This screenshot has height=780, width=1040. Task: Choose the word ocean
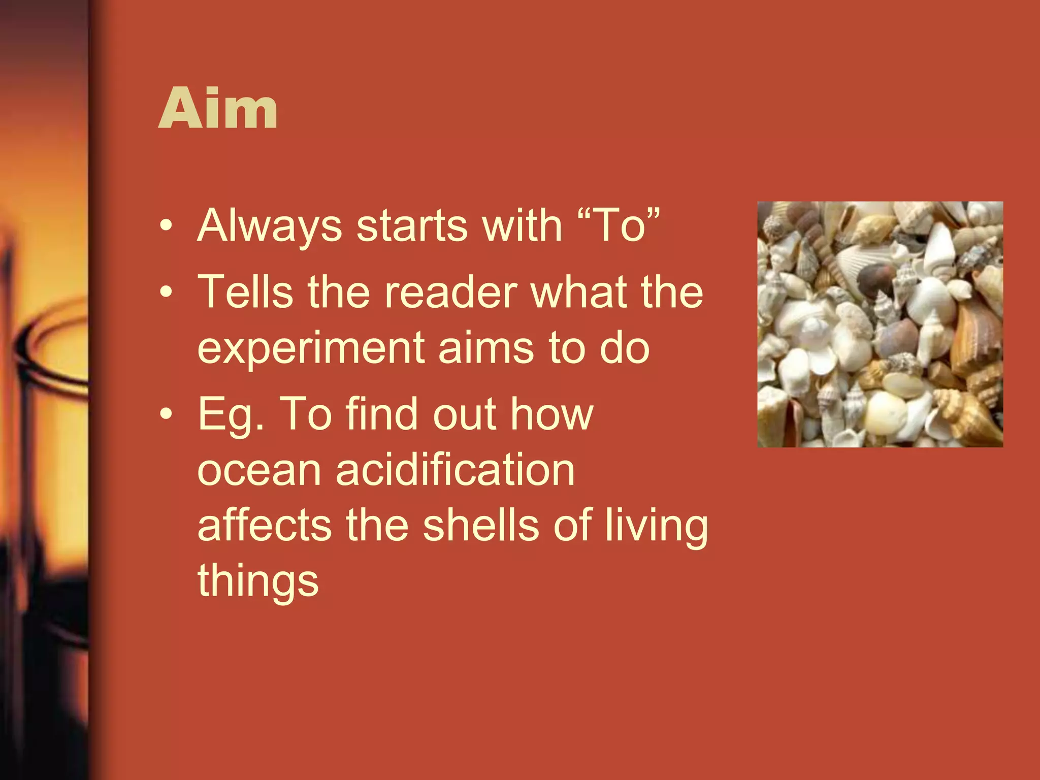pyautogui.click(x=259, y=470)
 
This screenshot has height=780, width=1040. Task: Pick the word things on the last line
pyautogui.click(x=258, y=581)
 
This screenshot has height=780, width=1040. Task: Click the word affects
pyautogui.click(x=265, y=525)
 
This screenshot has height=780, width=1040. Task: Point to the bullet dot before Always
pyautogui.click(x=166, y=226)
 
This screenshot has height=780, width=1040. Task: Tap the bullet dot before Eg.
pyautogui.click(x=166, y=414)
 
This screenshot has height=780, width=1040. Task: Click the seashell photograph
pyautogui.click(x=880, y=324)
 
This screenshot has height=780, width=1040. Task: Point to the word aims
pyautogui.click(x=486, y=348)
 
